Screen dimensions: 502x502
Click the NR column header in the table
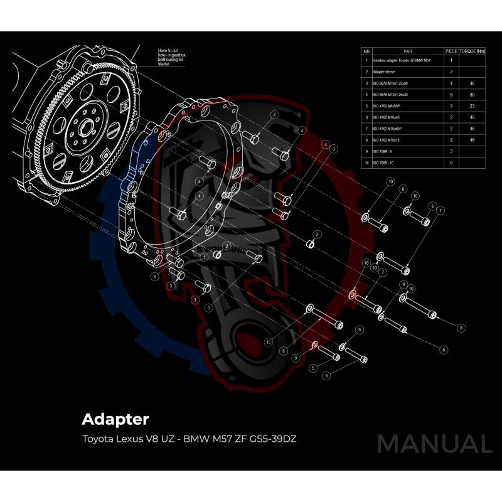366,51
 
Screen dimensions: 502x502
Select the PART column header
408,51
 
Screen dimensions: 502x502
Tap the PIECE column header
451,51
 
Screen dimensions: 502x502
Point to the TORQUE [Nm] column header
473,51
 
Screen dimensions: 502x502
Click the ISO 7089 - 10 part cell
385,163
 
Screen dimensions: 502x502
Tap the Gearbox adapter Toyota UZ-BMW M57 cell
401,60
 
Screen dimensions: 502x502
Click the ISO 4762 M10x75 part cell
387,140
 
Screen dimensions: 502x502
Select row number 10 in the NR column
366,163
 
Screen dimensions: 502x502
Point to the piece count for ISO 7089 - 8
451,151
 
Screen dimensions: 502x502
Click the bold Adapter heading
115,418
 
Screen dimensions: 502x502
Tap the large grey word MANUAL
434,444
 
